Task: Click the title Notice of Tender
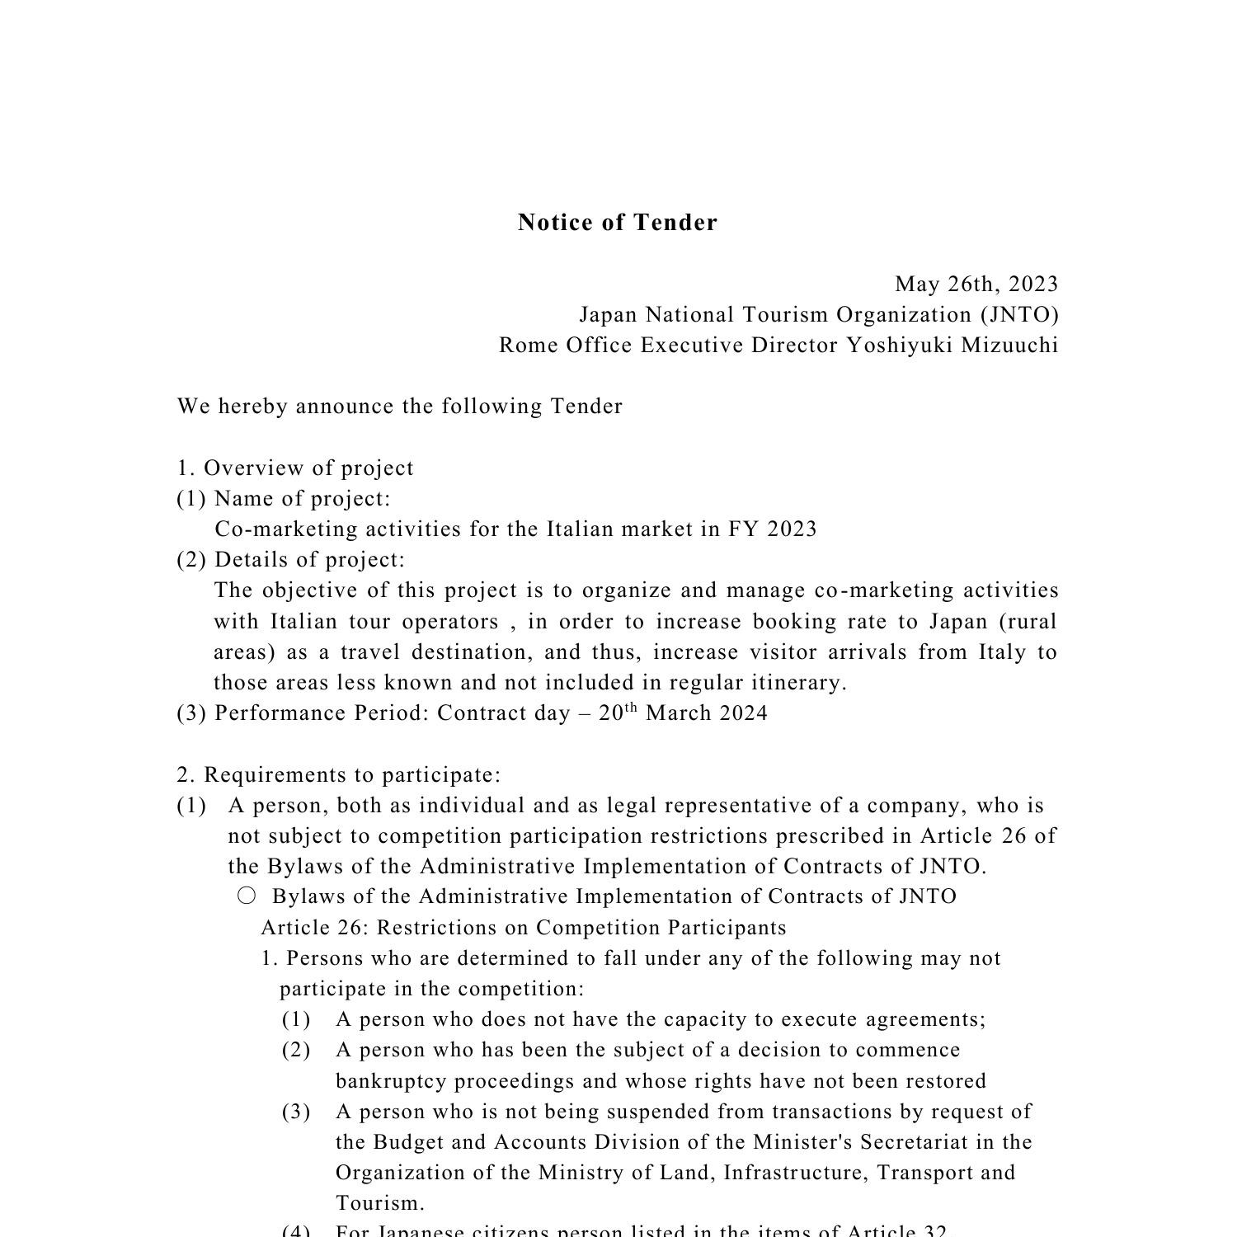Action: (x=618, y=223)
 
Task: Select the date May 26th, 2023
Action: (x=976, y=285)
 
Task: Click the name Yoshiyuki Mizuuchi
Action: (x=952, y=346)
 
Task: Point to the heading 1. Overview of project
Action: (x=295, y=468)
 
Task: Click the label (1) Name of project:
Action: (x=284, y=499)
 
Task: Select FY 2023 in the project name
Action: (x=772, y=529)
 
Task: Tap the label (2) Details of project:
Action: (x=291, y=560)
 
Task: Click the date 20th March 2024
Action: (x=683, y=713)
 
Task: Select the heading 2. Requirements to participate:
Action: (x=339, y=775)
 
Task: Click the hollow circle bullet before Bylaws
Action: (x=247, y=896)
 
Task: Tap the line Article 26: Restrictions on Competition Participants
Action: (x=524, y=928)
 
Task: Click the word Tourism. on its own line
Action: (x=380, y=1203)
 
